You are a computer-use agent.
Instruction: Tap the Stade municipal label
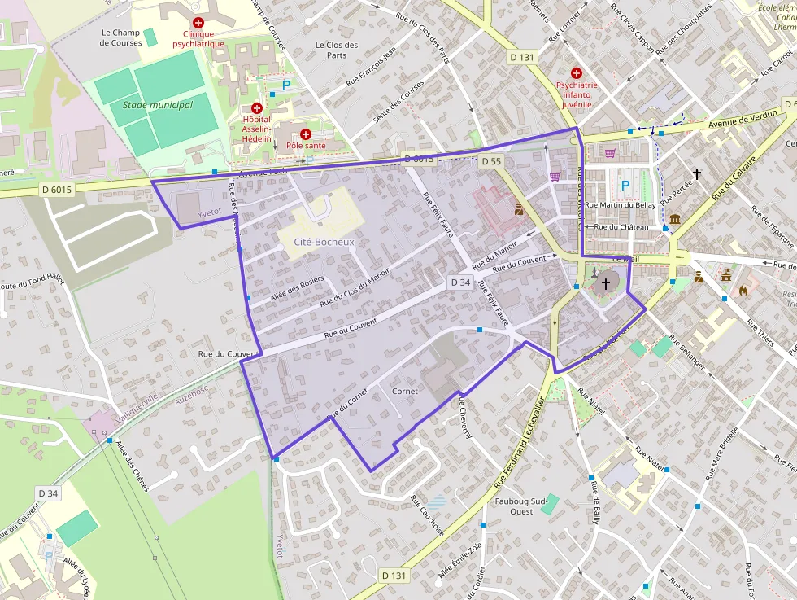pyautogui.click(x=158, y=105)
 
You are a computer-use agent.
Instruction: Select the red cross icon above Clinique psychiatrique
pyautogui.click(x=198, y=23)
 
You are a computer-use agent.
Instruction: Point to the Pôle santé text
pyautogui.click(x=306, y=146)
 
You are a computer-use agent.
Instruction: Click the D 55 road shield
pyautogui.click(x=491, y=161)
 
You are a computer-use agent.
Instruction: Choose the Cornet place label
pyautogui.click(x=405, y=391)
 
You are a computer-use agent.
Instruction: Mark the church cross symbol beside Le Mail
pyautogui.click(x=605, y=284)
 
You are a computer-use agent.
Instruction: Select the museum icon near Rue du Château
pyautogui.click(x=676, y=219)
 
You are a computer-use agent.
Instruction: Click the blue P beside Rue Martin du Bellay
pyautogui.click(x=625, y=185)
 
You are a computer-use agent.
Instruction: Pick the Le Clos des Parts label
pyautogui.click(x=337, y=50)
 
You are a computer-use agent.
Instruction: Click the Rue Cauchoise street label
pyautogui.click(x=427, y=515)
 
